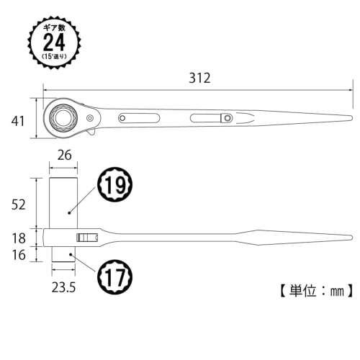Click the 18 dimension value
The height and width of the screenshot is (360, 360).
coord(19,237)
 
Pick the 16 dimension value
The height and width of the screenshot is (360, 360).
coord(19,254)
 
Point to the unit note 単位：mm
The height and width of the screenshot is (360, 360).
coord(314,291)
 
